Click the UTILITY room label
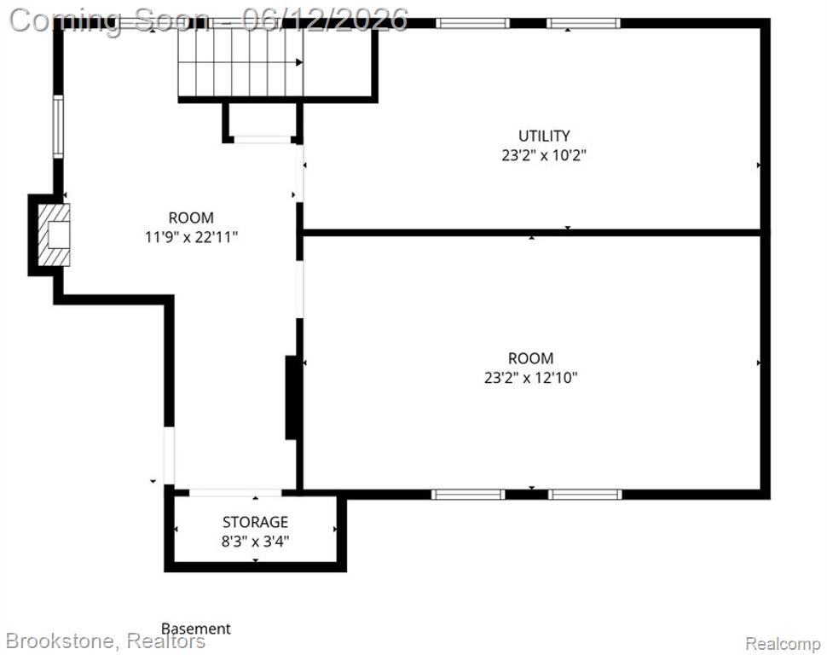point(544,136)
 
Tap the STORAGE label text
point(255,522)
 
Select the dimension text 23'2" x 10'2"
point(544,156)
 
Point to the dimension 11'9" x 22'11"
point(192,237)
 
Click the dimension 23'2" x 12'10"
point(531,378)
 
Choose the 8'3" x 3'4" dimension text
point(255,542)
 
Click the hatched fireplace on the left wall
point(54,235)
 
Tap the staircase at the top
point(240,62)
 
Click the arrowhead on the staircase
point(299,62)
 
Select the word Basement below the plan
point(196,629)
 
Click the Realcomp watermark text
point(783,643)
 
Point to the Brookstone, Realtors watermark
point(106,641)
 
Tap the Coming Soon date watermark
point(209,20)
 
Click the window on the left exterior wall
point(58,127)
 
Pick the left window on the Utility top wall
point(472,23)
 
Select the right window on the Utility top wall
point(583,23)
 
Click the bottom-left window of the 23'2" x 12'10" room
point(468,495)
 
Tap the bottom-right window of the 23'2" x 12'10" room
point(585,495)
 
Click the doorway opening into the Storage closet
point(235,492)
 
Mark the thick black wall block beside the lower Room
point(292,397)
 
